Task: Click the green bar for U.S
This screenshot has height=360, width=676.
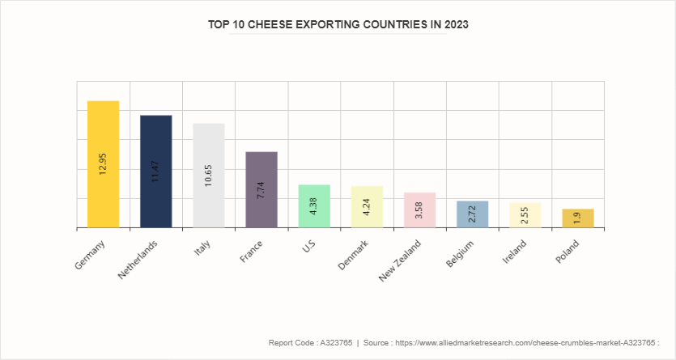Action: (x=314, y=214)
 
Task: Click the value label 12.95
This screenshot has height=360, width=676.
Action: (x=103, y=164)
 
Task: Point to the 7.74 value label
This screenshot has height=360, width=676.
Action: (x=261, y=191)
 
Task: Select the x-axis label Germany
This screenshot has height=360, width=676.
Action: (x=90, y=253)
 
